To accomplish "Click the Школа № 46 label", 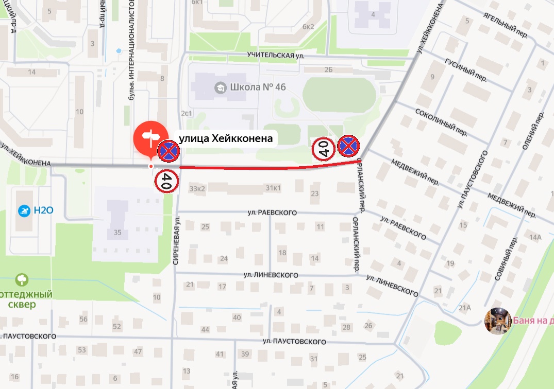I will (258, 87).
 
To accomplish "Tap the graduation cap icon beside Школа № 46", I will (220, 87).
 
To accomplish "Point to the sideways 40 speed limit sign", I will (324, 149).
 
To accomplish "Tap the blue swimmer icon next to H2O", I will (24, 210).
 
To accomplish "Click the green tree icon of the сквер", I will (22, 280).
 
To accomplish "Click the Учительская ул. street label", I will (273, 55).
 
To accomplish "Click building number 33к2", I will (197, 188).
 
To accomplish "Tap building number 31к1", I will (273, 188).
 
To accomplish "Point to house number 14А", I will (535, 237).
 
